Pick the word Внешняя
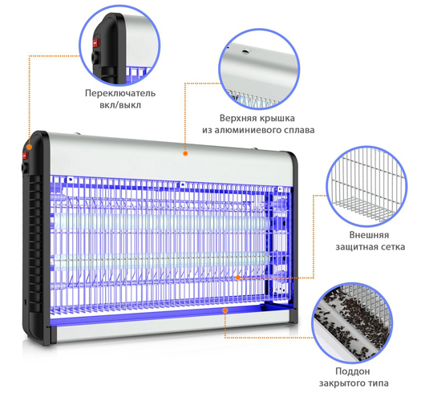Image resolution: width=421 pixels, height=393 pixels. [x=369, y=235]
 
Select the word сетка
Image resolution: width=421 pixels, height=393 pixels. [x=397, y=249]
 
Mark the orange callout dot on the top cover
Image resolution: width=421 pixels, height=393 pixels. [x=184, y=150]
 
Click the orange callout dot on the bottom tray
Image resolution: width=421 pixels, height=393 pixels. [x=225, y=308]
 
